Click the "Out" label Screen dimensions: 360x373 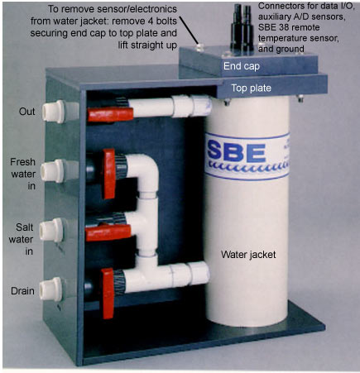27,112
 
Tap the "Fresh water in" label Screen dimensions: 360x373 23,174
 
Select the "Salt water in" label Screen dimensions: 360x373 22,239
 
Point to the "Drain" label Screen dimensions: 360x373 22,291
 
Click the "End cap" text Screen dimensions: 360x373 242,66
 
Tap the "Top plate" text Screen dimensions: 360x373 251,88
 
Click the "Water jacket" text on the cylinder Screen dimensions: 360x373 248,255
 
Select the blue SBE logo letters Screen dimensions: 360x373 237,152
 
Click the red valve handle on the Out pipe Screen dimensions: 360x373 110,115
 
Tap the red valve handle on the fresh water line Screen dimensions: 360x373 109,174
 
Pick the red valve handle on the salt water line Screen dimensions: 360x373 108,232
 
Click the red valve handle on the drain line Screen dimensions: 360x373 108,294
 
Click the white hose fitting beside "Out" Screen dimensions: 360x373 54,112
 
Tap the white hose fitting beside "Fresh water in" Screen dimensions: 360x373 52,171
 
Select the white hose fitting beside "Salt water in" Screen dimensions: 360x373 51,230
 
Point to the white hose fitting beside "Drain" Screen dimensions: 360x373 51,289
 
